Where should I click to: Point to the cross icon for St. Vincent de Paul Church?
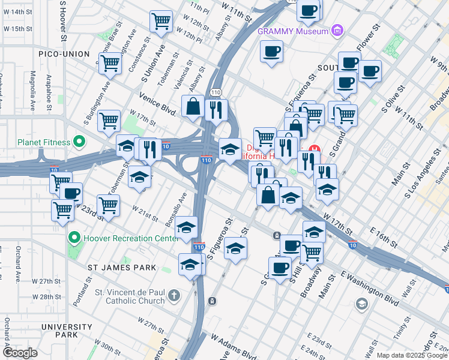pyautogui.click(x=173, y=296)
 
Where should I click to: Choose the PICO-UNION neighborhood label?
pyautogui.click(x=64, y=54)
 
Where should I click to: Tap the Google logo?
pyautogui.click(x=19, y=353)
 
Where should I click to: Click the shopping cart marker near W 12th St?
pyautogui.click(x=161, y=21)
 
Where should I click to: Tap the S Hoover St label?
pyautogui.click(x=62, y=20)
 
